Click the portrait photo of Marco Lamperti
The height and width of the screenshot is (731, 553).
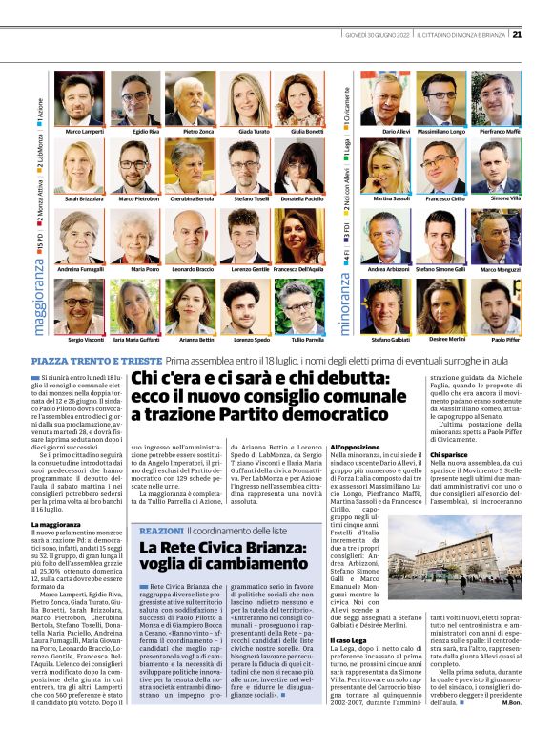(79, 98)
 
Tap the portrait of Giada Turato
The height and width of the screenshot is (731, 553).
(246, 98)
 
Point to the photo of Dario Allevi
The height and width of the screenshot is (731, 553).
(384, 98)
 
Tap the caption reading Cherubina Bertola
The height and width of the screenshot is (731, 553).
(192, 199)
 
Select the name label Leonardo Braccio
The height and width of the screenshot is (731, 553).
(192, 270)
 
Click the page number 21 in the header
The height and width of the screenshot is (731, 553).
(516, 35)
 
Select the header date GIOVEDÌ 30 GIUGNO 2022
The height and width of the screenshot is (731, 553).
(378, 35)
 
